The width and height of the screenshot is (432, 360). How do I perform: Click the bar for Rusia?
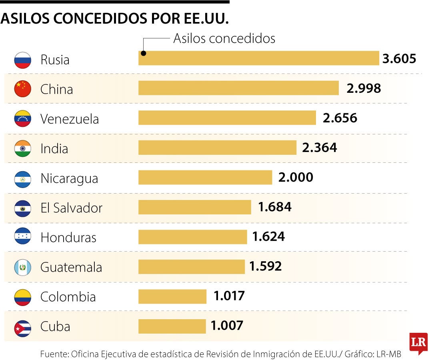[x=258, y=58]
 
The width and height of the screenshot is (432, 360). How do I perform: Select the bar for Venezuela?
[x=227, y=118]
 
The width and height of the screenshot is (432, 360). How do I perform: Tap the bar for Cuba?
[x=172, y=326]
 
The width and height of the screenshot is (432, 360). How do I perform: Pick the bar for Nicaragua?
[x=205, y=177]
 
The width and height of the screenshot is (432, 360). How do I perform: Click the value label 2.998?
[x=364, y=88]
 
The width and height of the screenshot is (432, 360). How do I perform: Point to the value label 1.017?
[x=229, y=296]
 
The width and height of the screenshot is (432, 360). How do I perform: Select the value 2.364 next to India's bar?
[x=320, y=148]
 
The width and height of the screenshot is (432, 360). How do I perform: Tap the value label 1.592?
[x=266, y=266]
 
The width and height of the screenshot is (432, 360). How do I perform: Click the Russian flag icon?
[x=22, y=60]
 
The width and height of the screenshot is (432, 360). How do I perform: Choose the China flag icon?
[x=22, y=89]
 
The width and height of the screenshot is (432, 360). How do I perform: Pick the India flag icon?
[x=22, y=148]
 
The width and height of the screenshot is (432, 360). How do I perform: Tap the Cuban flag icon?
[x=22, y=327]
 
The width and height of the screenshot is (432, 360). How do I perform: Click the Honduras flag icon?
[x=22, y=237]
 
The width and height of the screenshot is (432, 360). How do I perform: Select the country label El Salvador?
[x=71, y=208]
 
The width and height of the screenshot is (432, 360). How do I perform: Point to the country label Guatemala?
[x=71, y=267]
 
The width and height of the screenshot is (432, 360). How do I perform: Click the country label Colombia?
[x=68, y=297]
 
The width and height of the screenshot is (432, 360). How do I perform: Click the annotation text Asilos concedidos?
[x=224, y=38]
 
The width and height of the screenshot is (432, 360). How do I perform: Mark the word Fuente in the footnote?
[x=54, y=354]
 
